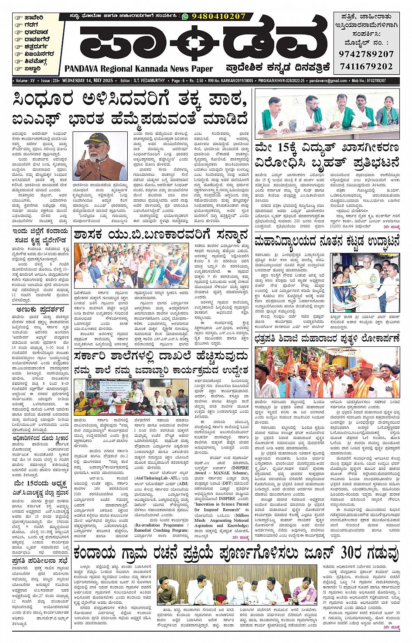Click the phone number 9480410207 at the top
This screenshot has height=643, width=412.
tap(218, 16)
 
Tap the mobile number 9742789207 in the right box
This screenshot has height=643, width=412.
tap(366, 54)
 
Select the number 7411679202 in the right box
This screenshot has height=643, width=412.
tap(366, 66)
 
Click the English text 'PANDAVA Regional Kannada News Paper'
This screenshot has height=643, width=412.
tap(139, 68)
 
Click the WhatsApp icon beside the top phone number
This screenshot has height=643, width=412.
tap(185, 16)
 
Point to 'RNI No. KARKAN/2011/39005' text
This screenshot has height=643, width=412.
tap(231, 81)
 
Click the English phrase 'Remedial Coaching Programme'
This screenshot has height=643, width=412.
tap(161, 530)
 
